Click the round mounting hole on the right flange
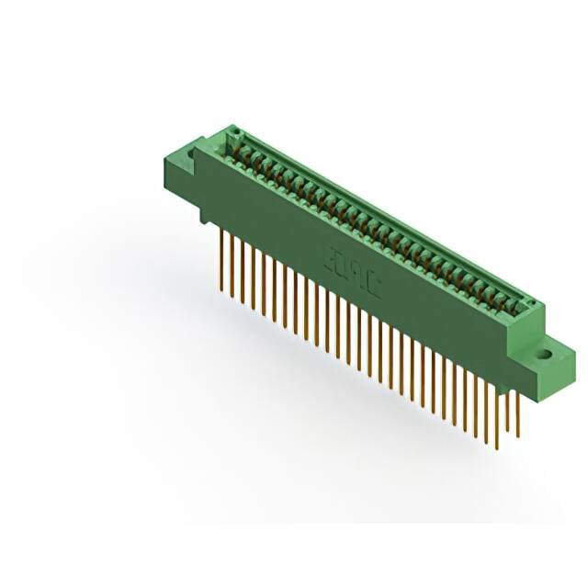coord(544,351)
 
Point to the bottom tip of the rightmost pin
coord(520,447)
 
